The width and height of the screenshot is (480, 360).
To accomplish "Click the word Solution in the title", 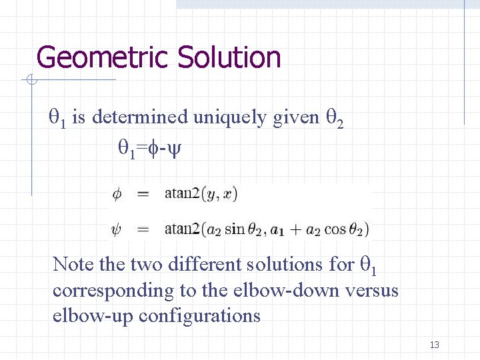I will click(x=229, y=57).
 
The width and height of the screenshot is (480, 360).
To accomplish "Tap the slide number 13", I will click(x=435, y=345).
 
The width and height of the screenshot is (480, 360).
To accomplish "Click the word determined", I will click(x=140, y=117).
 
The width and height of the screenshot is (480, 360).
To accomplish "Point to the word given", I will click(x=296, y=117).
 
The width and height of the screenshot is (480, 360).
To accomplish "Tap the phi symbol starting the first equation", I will click(x=117, y=194).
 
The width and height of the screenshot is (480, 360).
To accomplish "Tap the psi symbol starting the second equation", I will click(x=117, y=229).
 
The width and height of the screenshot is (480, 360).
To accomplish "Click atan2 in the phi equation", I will click(x=182, y=194).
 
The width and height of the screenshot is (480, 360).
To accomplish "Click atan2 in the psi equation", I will click(x=182, y=229).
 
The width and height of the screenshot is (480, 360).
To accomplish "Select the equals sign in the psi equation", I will click(x=142, y=229).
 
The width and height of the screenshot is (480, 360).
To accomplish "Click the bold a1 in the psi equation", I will click(x=277, y=231).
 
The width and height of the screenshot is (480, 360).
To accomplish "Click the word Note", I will click(x=73, y=264).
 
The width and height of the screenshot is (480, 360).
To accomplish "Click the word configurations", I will click(x=200, y=315).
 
